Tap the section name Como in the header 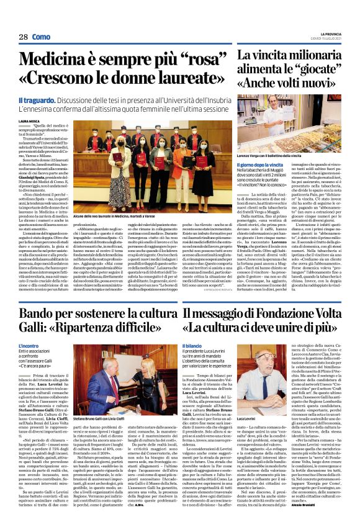[41, 37]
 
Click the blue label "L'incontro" [29, 345]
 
